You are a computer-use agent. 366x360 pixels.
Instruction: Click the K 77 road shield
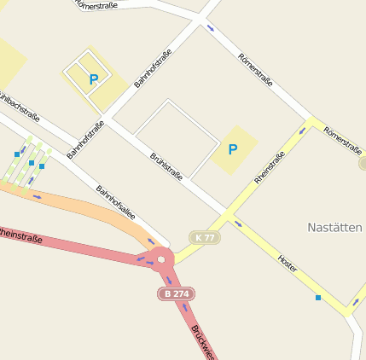[x=205, y=237]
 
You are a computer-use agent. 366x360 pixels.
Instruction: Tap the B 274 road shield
[x=177, y=293]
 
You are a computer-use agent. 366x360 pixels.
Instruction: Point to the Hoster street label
[x=288, y=263]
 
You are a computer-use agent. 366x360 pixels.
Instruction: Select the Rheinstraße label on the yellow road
[x=269, y=167]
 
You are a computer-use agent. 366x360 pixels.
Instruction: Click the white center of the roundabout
[x=161, y=258]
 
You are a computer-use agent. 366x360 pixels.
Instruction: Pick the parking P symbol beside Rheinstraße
[x=232, y=149]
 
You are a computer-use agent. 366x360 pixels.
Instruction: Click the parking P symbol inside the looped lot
[x=94, y=79]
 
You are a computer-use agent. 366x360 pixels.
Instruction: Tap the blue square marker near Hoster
[x=318, y=298]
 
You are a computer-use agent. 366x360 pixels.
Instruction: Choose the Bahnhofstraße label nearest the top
[x=153, y=68]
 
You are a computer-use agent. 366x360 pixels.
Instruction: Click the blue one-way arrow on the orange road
[x=37, y=196]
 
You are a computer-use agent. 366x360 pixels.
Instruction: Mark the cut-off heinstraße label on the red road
[x=20, y=234]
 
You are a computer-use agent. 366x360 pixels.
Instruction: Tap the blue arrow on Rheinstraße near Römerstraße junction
[x=302, y=131]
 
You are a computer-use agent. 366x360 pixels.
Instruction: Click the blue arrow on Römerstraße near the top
[x=211, y=29]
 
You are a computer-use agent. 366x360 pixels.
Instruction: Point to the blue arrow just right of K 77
[x=238, y=224]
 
